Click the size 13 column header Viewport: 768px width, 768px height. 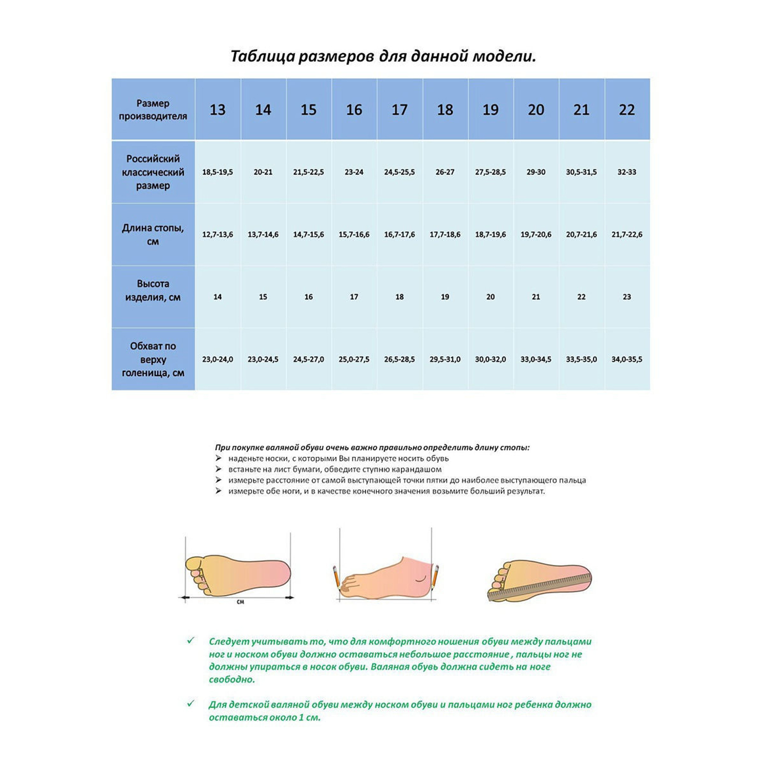pyautogui.click(x=218, y=110)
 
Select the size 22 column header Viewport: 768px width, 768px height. pyautogui.click(x=627, y=110)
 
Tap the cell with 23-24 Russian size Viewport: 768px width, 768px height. pyautogui.click(x=354, y=172)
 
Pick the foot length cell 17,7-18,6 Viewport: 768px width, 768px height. pyautogui.click(x=445, y=234)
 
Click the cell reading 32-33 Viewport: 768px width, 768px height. pyautogui.click(x=627, y=172)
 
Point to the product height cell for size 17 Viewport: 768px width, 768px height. pyautogui.click(x=399, y=297)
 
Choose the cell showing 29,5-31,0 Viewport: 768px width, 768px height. pyautogui.click(x=445, y=359)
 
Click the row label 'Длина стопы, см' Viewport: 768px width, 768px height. pyautogui.click(x=153, y=234)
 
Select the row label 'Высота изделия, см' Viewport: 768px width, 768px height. pyautogui.click(x=153, y=291)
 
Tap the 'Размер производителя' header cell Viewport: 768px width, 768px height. pyautogui.click(x=153, y=110)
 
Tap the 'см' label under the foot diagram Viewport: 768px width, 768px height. pyautogui.click(x=240, y=602)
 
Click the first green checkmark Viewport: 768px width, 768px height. pyautogui.click(x=191, y=641)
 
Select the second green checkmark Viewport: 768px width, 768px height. pyautogui.click(x=191, y=703)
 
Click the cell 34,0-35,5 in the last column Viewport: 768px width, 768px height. pyautogui.click(x=627, y=359)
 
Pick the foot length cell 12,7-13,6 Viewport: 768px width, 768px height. pyautogui.click(x=218, y=234)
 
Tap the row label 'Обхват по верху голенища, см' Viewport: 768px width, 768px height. pyautogui.click(x=153, y=359)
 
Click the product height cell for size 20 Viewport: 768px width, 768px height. pyautogui.click(x=536, y=297)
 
